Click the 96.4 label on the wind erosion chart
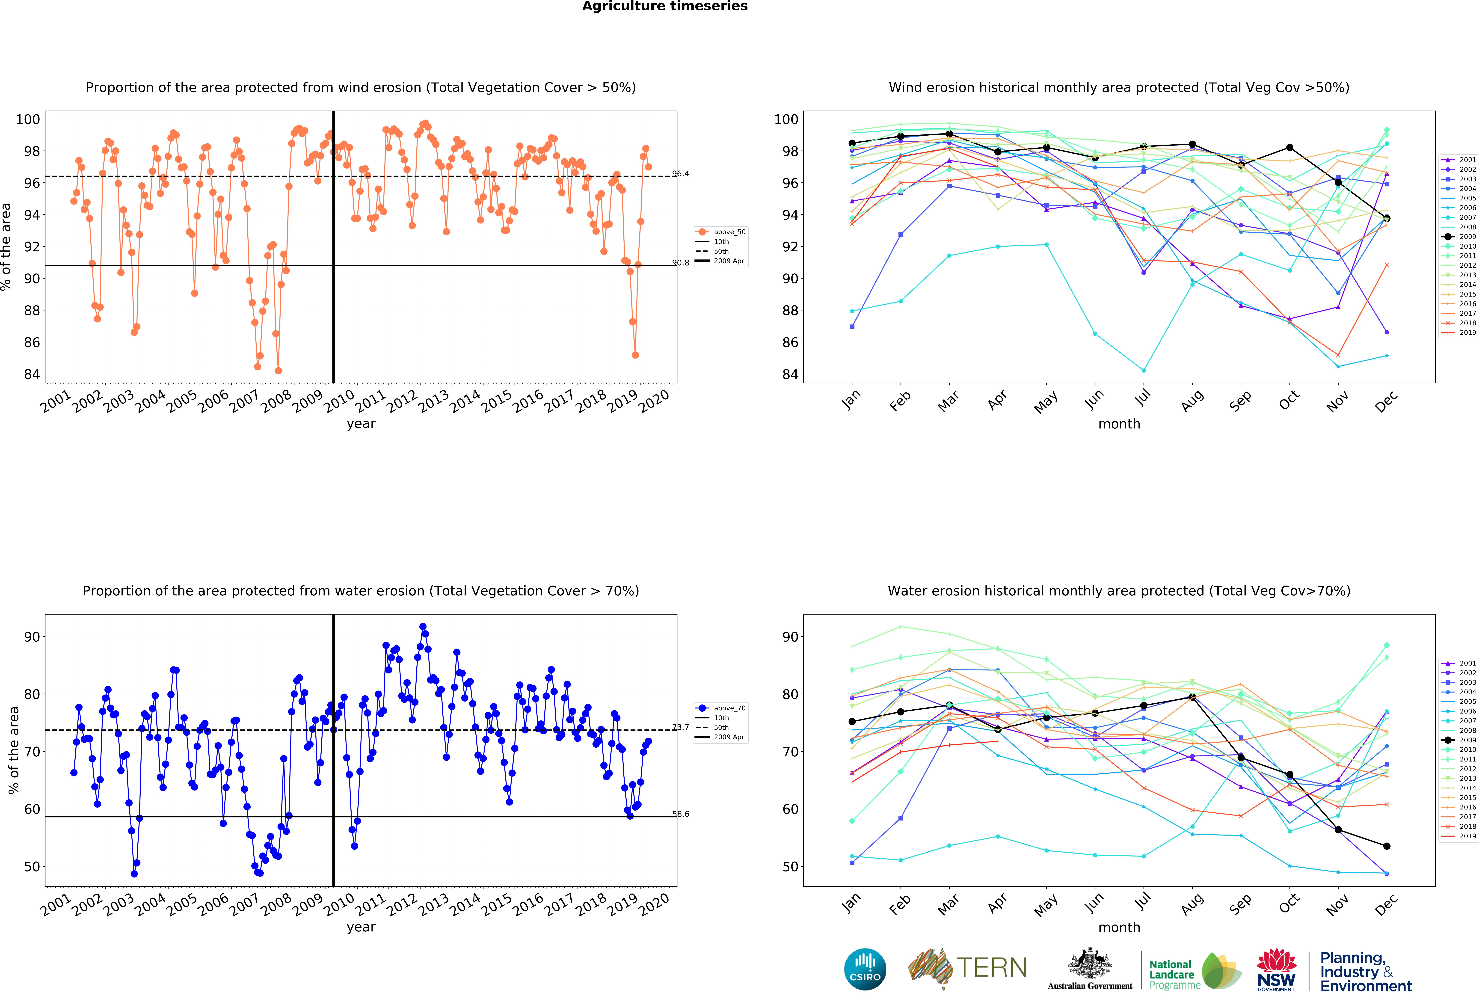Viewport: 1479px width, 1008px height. click(x=680, y=174)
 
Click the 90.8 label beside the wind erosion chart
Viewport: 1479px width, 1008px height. click(x=680, y=263)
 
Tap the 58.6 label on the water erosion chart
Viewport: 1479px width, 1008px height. click(x=680, y=814)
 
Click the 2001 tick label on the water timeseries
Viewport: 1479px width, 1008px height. click(x=56, y=905)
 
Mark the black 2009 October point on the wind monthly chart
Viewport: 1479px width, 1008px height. click(x=1289, y=148)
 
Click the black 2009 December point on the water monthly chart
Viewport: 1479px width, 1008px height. click(x=1387, y=846)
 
